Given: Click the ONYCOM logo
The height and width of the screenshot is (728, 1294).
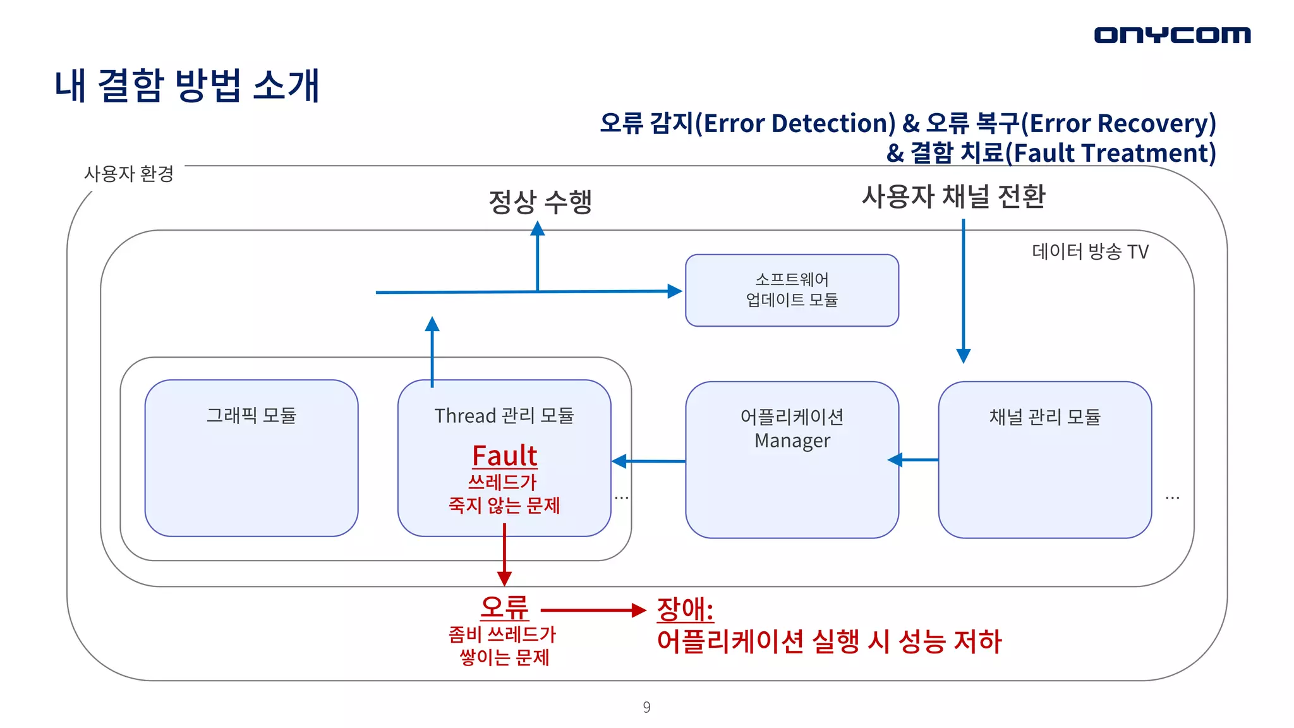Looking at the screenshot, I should [x=1172, y=35].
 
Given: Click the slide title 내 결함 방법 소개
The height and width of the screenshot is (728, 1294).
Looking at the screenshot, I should [x=187, y=86].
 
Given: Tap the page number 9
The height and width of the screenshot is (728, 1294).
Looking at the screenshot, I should [x=646, y=707].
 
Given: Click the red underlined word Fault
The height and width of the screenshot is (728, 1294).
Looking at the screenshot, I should [x=504, y=456].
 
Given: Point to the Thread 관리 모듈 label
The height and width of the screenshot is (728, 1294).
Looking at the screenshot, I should [x=504, y=416].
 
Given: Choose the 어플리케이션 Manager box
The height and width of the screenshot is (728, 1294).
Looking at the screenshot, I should [x=792, y=480].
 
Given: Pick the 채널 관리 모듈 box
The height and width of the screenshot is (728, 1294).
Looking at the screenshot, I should [x=1044, y=480].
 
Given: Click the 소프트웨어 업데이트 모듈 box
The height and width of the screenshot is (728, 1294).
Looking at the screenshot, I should [x=792, y=290].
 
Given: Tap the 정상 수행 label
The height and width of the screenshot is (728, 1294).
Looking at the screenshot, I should [x=540, y=202].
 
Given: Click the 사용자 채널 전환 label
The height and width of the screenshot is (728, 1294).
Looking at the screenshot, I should [x=953, y=197].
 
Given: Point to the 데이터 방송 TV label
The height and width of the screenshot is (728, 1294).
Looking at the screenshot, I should [x=1090, y=252].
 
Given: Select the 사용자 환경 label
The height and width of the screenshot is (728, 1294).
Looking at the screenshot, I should [x=129, y=174].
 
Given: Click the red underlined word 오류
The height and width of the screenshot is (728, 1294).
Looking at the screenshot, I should [x=504, y=608].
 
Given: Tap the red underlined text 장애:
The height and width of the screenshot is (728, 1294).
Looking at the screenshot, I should [x=685, y=610].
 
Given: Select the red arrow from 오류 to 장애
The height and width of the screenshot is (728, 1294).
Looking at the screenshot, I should [x=593, y=610].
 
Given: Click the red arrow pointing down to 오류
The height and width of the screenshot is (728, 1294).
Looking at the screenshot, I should [x=504, y=554].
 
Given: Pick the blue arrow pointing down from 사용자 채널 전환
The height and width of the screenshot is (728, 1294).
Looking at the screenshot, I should [x=964, y=291].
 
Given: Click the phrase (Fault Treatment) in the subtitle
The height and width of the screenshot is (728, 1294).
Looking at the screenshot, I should [x=1110, y=153].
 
